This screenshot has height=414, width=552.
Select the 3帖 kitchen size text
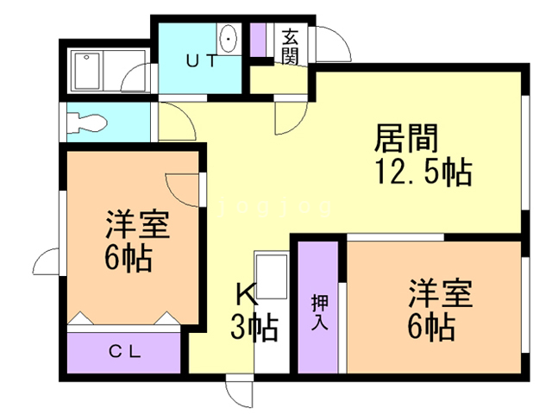[253, 328]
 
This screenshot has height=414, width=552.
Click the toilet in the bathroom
[86, 121]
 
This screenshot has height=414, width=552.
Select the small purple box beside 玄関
[258, 40]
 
